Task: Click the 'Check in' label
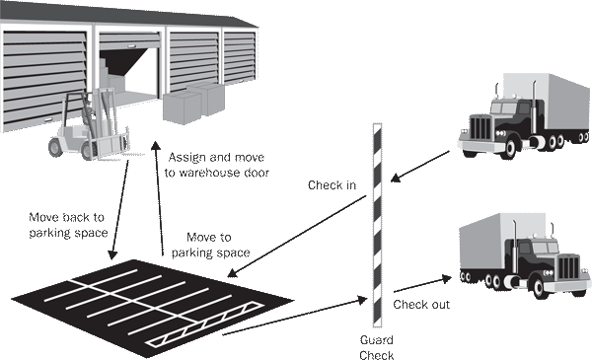click(332, 184)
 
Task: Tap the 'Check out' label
click(421, 304)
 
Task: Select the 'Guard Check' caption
click(377, 347)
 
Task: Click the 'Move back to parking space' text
click(68, 225)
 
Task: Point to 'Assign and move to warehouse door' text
click(217, 165)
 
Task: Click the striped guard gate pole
click(377, 225)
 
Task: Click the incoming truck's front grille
click(481, 127)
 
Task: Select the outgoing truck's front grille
click(568, 267)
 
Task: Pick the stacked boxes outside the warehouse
click(193, 103)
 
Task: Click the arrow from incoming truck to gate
click(420, 167)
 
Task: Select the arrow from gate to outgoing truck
click(423, 284)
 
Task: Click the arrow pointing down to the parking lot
click(119, 210)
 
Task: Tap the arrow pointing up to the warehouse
click(159, 199)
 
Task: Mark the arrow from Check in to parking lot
click(297, 237)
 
